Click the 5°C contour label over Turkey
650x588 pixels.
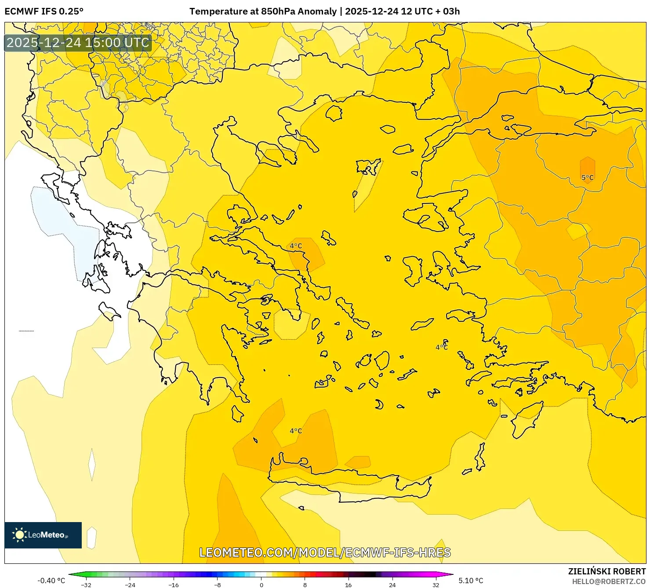[x=587, y=178]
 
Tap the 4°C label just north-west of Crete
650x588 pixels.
[x=296, y=431]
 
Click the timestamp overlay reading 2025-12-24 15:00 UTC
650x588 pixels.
[x=78, y=43]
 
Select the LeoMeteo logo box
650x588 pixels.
[x=43, y=535]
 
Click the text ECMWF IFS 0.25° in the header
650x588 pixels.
[x=44, y=11]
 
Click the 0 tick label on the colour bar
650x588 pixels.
[x=261, y=584]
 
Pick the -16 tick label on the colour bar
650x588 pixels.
[x=174, y=584]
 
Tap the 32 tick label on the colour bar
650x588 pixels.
[x=436, y=584]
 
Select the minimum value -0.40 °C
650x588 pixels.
[x=51, y=581]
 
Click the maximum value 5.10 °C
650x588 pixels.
[x=471, y=581]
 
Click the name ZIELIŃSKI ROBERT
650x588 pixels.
[x=607, y=571]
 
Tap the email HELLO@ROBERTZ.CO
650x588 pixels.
[x=609, y=581]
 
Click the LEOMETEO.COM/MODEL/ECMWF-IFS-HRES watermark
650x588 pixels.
[x=325, y=552]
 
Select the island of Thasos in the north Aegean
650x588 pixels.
[x=334, y=113]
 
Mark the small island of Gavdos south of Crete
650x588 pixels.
[x=301, y=508]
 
